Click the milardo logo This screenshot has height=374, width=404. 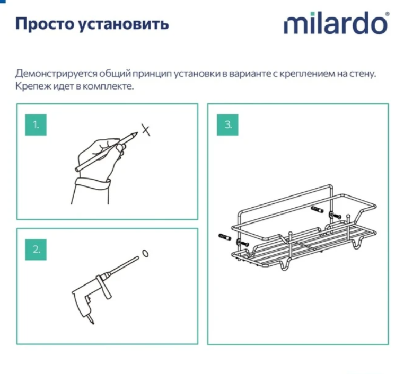(335, 24)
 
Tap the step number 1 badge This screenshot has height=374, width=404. (36, 125)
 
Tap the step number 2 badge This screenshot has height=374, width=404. (36, 250)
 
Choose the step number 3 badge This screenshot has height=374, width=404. (228, 124)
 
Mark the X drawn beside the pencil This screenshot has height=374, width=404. (146, 129)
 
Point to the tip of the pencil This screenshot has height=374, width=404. (136, 135)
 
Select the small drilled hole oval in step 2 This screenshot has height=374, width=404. (145, 253)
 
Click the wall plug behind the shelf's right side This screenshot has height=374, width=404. (317, 211)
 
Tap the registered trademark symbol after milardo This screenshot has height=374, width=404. (387, 16)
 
